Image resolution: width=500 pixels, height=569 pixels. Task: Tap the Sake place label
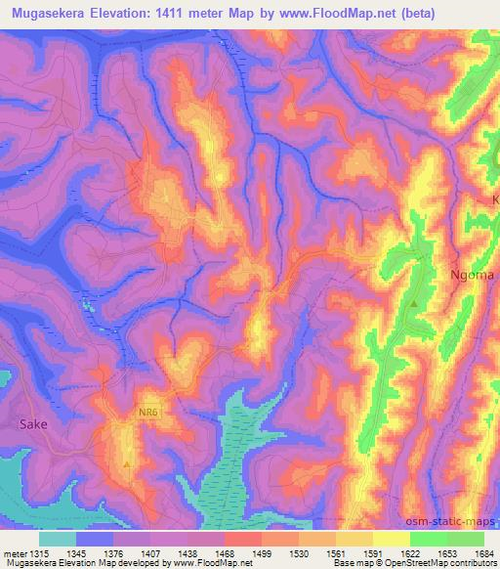tap(33, 425)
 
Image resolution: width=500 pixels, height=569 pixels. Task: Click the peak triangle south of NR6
tap(127, 463)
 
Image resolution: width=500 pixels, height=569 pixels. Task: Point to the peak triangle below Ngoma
tap(415, 304)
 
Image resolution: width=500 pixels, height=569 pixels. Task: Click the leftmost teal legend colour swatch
tap(58, 539)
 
